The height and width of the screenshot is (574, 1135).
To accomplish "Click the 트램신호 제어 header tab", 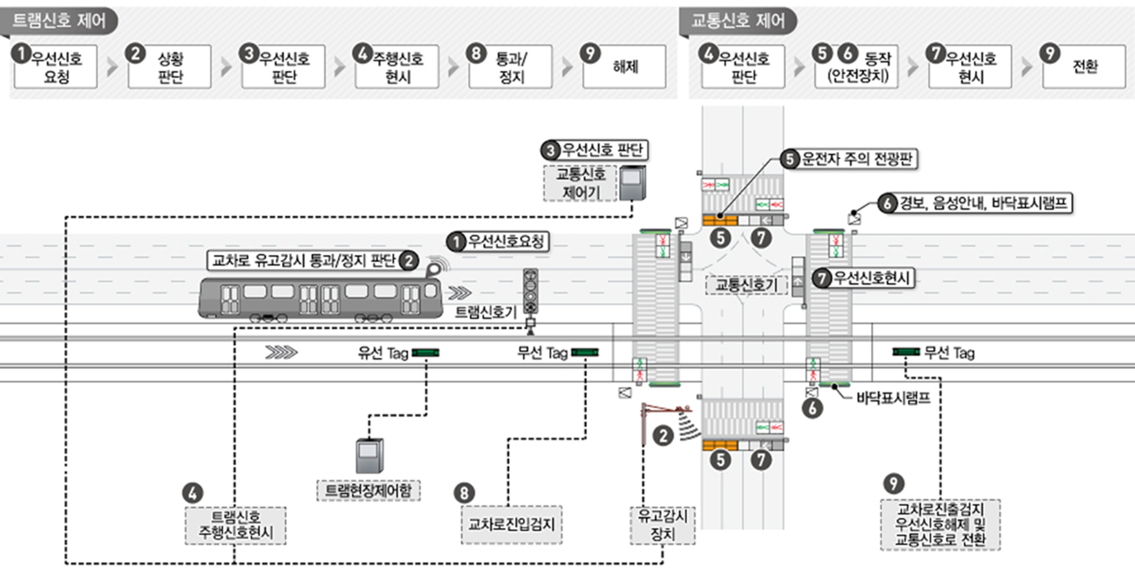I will pyautogui.click(x=59, y=21).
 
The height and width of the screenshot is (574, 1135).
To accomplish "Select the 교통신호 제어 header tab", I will pyautogui.click(x=738, y=21).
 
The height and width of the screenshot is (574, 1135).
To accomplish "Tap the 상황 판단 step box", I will pyautogui.click(x=170, y=67).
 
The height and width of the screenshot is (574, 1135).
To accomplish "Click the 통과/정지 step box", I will pyautogui.click(x=510, y=67).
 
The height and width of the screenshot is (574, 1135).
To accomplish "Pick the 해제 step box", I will pyautogui.click(x=625, y=67).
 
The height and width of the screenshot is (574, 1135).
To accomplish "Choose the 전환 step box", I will pyautogui.click(x=1084, y=67).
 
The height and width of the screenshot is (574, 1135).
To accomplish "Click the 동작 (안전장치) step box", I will pyautogui.click(x=857, y=67).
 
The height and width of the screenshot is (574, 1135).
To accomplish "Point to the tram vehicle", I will pyautogui.click(x=319, y=299).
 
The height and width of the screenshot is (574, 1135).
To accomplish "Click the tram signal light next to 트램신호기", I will pyautogui.click(x=530, y=291).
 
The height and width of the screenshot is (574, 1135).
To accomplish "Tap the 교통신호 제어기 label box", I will pyautogui.click(x=580, y=183).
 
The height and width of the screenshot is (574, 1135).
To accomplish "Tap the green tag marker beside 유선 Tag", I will pyautogui.click(x=425, y=353).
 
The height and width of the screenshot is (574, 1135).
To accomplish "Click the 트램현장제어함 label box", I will pyautogui.click(x=368, y=491).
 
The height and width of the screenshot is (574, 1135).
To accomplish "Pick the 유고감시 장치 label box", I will pyautogui.click(x=662, y=525).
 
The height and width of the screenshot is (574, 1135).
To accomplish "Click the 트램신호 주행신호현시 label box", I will pyautogui.click(x=235, y=525).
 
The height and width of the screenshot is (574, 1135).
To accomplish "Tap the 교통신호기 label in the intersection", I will pyautogui.click(x=746, y=285).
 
